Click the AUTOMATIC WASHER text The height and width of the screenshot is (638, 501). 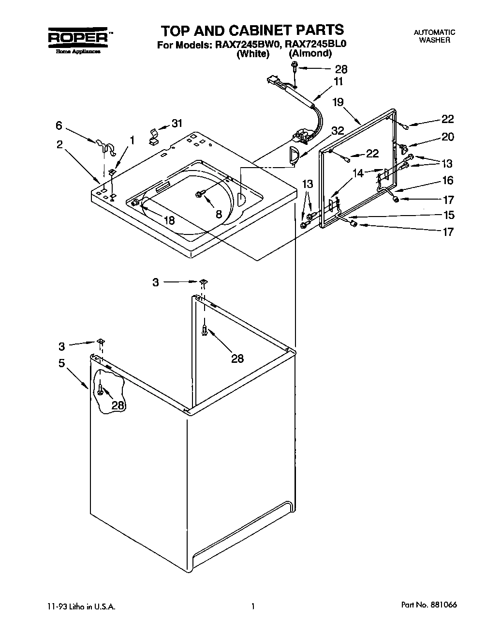pyautogui.click(x=434, y=36)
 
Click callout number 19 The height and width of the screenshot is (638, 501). pyautogui.click(x=338, y=102)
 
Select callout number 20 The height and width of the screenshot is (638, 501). pyautogui.click(x=447, y=137)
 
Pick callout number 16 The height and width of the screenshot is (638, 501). pyautogui.click(x=447, y=180)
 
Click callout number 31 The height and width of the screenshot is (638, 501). pyautogui.click(x=177, y=123)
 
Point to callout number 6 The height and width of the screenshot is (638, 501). pyautogui.click(x=59, y=125)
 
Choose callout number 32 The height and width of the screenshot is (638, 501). pyautogui.click(x=338, y=130)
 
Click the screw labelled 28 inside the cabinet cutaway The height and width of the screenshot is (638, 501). pyautogui.click(x=100, y=389)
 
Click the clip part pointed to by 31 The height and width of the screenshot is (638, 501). pyautogui.click(x=154, y=137)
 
